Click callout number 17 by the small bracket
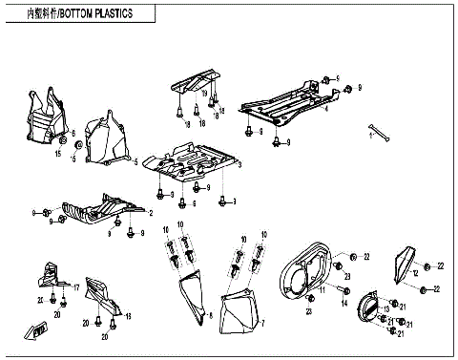76,286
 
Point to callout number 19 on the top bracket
203,92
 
